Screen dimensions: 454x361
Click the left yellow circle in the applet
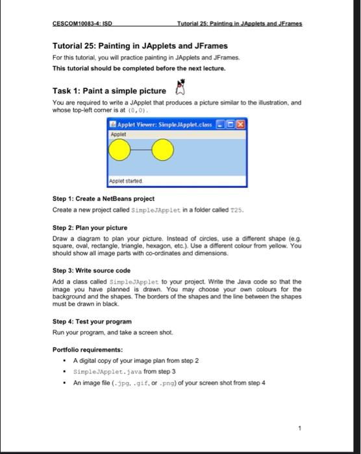click(120, 152)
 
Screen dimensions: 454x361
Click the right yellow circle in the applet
click(164, 152)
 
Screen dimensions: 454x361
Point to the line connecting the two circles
click(142, 152)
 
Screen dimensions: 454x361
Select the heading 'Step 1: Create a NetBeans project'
click(103, 198)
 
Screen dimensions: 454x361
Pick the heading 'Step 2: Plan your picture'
click(90, 228)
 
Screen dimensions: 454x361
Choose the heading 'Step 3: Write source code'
click(92, 270)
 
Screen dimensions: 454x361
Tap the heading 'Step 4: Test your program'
click(92, 321)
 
